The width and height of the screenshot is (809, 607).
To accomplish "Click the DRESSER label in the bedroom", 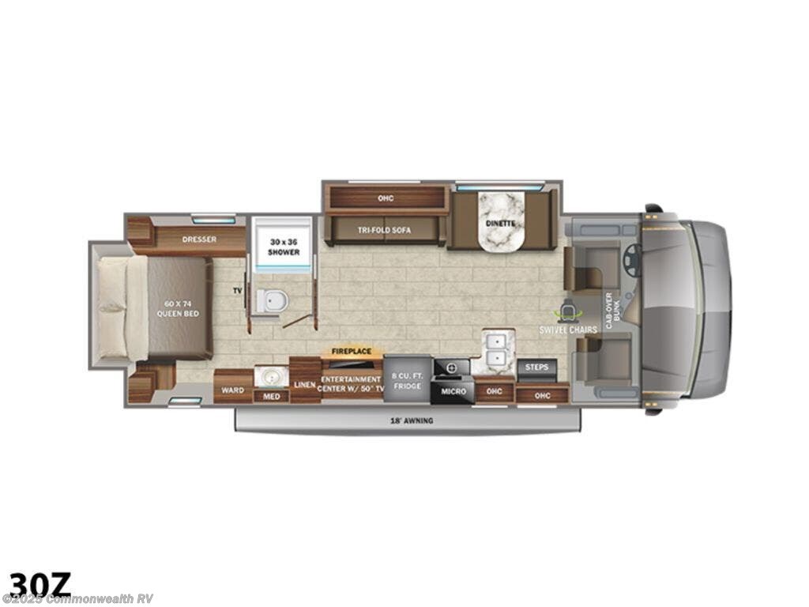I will point(199,239).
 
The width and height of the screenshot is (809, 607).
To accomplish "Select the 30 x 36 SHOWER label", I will point(282,247).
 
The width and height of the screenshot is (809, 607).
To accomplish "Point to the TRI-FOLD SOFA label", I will point(384,230).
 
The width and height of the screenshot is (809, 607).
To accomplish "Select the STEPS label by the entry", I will point(536,368).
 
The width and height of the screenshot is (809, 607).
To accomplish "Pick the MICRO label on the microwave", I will point(453,391).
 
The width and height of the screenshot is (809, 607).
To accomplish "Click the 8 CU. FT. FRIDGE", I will point(407,380).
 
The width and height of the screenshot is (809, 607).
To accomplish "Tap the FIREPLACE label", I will point(352,351).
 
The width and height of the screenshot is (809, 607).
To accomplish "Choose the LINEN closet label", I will point(305,384).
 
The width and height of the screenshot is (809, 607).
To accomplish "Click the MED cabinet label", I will point(271,396).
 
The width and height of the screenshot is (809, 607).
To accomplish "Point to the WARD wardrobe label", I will point(231,390).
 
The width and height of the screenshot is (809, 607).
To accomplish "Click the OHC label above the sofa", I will point(386,198).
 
